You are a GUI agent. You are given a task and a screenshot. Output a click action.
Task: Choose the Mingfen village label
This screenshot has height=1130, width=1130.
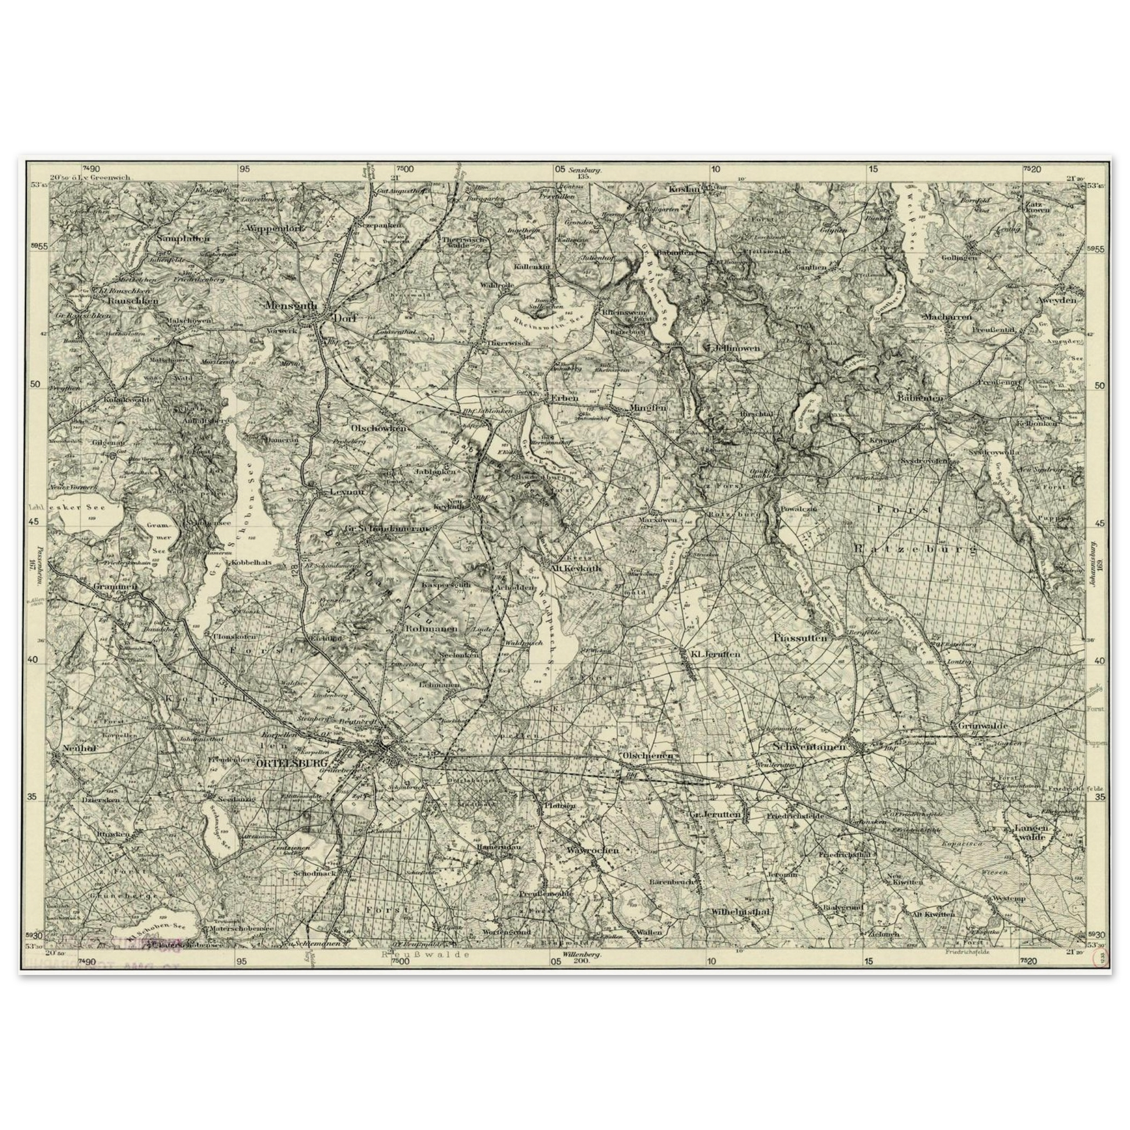647,408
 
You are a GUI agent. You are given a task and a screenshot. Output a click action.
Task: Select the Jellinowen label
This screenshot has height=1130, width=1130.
738,347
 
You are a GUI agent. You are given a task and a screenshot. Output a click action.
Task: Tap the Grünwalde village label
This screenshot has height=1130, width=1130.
982,725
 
